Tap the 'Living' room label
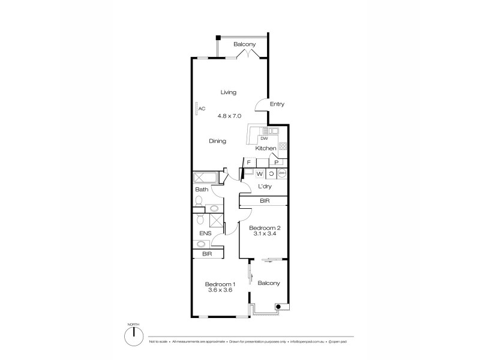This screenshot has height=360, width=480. point(228,92)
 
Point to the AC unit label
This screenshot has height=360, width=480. point(202,109)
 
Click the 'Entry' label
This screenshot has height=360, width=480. point(277,104)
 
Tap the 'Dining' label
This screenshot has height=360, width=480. point(217,142)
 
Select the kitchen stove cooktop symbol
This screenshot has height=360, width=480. point(283,146)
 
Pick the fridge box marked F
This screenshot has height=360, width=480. point(248,162)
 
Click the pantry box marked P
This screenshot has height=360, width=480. point(276,162)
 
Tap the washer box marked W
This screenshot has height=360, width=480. point(260,174)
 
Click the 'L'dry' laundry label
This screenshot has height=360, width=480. point(265,187)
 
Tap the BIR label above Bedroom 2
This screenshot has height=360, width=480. point(264,202)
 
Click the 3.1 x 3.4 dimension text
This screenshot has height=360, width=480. point(264,234)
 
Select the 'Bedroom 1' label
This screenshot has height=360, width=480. point(220,284)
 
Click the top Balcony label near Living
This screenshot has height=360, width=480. point(245,45)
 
